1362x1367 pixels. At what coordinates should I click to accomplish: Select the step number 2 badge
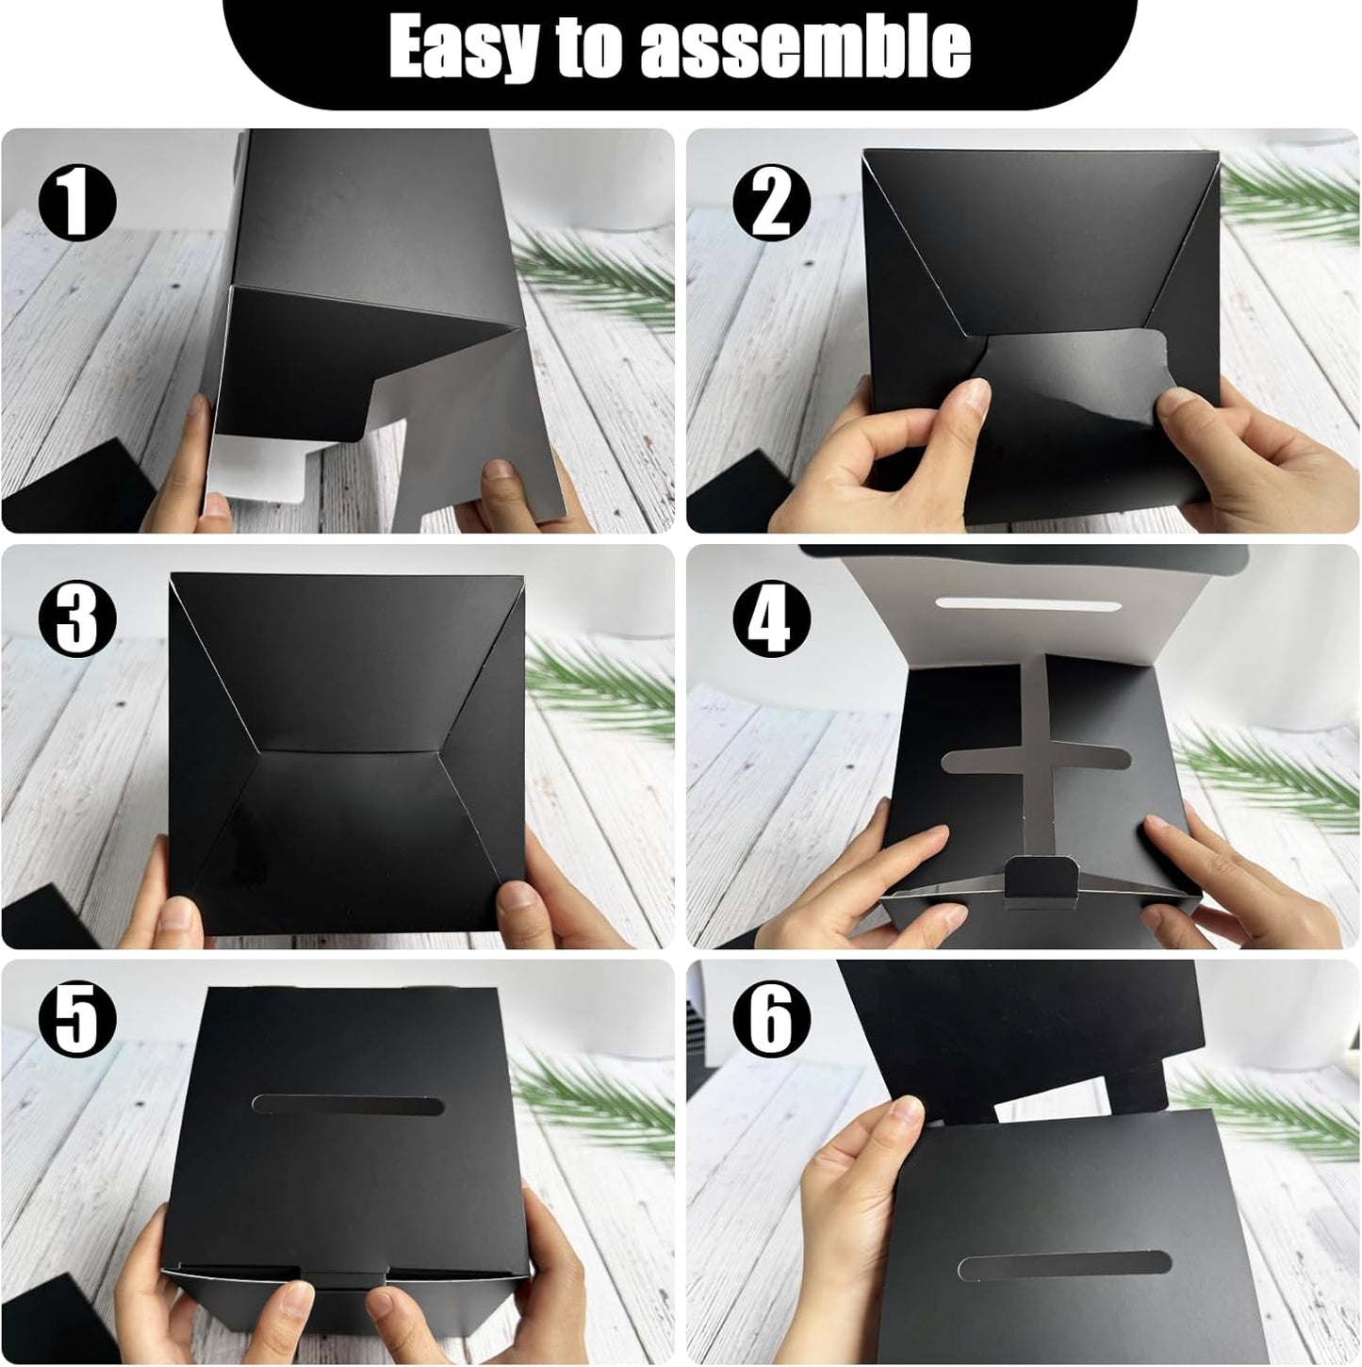tap(771, 204)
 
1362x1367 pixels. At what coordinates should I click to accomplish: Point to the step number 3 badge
tap(77, 618)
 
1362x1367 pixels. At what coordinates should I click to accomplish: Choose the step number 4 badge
tap(771, 618)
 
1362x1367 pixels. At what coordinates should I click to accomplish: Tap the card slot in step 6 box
tap(1063, 1265)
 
